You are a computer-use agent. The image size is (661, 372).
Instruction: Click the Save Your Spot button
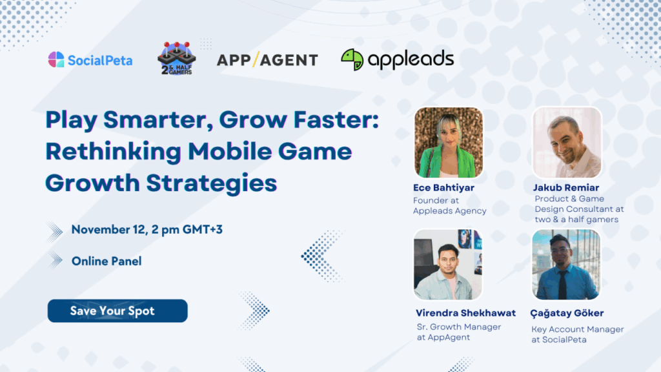(x=117, y=311)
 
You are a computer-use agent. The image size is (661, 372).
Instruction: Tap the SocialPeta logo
(x=90, y=60)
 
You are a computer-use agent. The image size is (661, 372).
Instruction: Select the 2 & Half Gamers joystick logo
(x=177, y=58)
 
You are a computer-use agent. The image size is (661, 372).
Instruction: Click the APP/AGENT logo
(x=267, y=60)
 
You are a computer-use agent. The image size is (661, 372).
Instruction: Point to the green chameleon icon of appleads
(x=352, y=59)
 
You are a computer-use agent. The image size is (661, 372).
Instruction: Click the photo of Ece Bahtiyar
(x=449, y=142)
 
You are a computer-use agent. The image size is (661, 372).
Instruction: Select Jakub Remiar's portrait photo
(x=567, y=142)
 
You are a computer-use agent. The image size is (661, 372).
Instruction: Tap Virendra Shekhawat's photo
(x=448, y=264)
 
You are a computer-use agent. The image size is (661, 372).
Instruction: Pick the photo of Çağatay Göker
(x=566, y=264)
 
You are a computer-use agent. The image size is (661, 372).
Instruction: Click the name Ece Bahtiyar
(x=443, y=188)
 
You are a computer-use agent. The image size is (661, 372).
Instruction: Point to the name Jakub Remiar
(x=565, y=188)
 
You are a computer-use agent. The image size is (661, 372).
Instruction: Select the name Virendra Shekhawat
(x=465, y=313)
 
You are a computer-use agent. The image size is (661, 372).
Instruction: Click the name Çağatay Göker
(x=567, y=313)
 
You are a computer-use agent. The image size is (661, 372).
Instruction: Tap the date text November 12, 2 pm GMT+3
(x=147, y=229)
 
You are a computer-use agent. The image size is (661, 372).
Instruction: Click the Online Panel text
(x=107, y=261)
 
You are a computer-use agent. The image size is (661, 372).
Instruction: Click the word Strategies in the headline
(x=212, y=183)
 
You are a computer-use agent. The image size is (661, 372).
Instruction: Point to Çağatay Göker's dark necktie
(x=562, y=285)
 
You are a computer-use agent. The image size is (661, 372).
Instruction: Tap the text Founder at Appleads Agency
(x=450, y=205)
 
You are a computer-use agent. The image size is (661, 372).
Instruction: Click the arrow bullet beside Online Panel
(x=56, y=260)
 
